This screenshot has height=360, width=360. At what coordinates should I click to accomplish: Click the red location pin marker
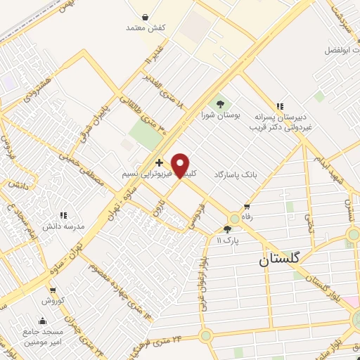181,166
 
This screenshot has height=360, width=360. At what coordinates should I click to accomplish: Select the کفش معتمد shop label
145,27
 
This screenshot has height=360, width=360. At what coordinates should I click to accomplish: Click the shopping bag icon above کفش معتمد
145,16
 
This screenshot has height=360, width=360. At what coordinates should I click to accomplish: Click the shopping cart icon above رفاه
246,207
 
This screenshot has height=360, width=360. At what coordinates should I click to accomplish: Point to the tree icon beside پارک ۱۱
227,229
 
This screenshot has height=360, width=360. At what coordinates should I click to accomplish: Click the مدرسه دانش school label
65,227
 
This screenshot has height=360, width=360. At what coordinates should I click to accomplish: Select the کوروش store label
52,300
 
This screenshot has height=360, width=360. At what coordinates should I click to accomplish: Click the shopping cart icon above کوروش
52,290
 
